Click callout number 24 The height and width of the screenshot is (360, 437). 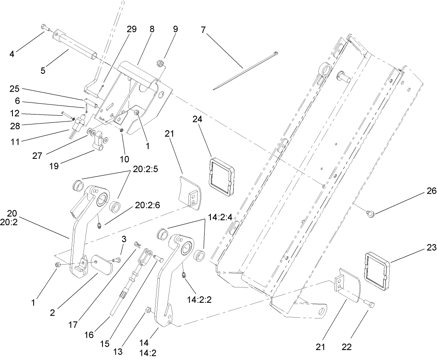click(x=198, y=119)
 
